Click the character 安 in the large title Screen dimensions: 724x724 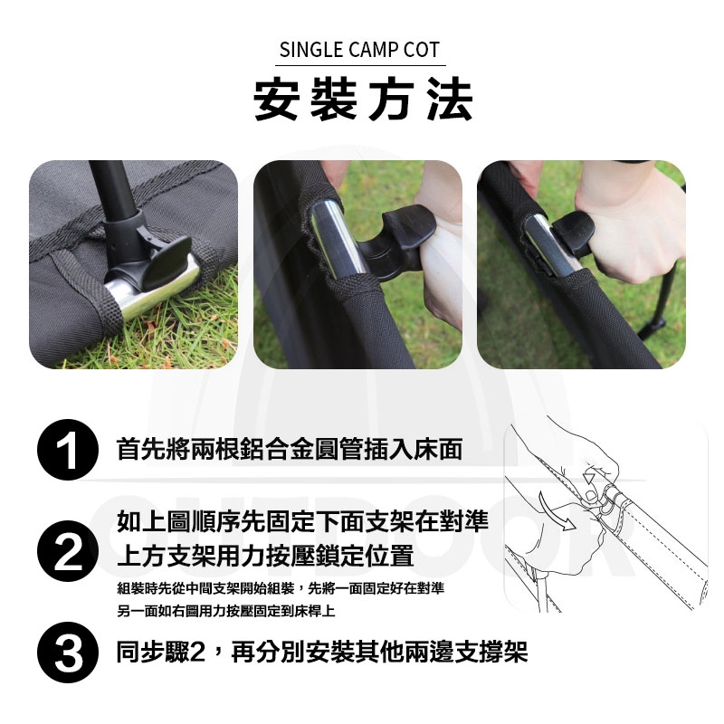click(276, 100)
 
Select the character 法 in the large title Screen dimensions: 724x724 click(450, 100)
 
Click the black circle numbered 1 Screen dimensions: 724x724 click(68, 449)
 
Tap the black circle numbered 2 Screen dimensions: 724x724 click(68, 551)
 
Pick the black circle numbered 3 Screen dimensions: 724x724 click(68, 653)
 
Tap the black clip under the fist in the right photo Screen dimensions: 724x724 click(573, 233)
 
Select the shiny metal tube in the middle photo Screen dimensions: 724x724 click(336, 240)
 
